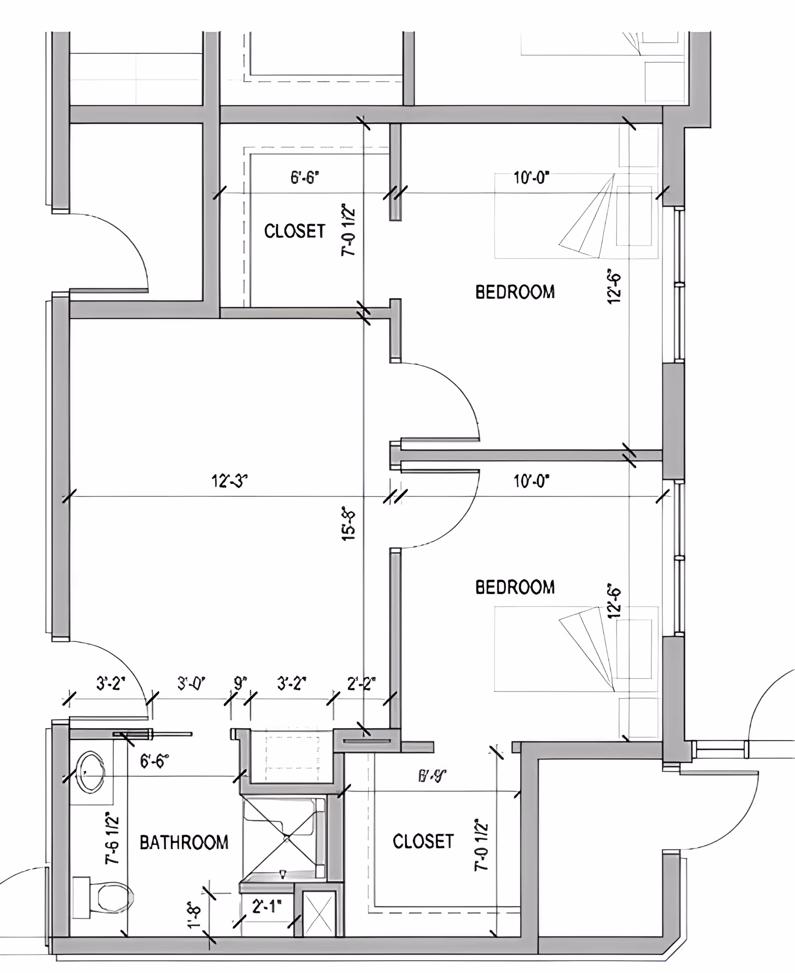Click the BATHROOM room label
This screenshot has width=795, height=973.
[184, 842]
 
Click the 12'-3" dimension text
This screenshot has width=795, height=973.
[229, 481]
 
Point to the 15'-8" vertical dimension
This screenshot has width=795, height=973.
[349, 524]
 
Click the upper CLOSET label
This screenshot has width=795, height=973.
[294, 231]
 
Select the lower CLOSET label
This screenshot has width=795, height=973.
[423, 841]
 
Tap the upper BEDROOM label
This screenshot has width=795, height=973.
[515, 292]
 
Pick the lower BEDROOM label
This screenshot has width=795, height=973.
[515, 587]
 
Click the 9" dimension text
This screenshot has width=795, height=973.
[239, 683]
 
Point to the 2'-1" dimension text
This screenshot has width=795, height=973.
[267, 907]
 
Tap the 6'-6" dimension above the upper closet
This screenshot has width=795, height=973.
[305, 177]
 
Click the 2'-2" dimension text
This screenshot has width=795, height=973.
[361, 684]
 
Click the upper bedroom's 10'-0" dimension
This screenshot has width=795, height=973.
[531, 177]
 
